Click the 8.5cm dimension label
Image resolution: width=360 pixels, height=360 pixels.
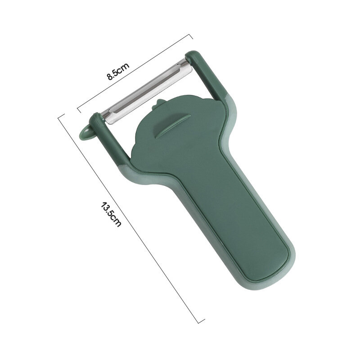click(x=118, y=71)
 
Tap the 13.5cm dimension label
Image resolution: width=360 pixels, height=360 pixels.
click(x=111, y=214)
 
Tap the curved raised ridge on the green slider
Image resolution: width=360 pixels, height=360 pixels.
click(x=172, y=126)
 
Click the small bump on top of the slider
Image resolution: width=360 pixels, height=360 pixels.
click(x=158, y=103)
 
